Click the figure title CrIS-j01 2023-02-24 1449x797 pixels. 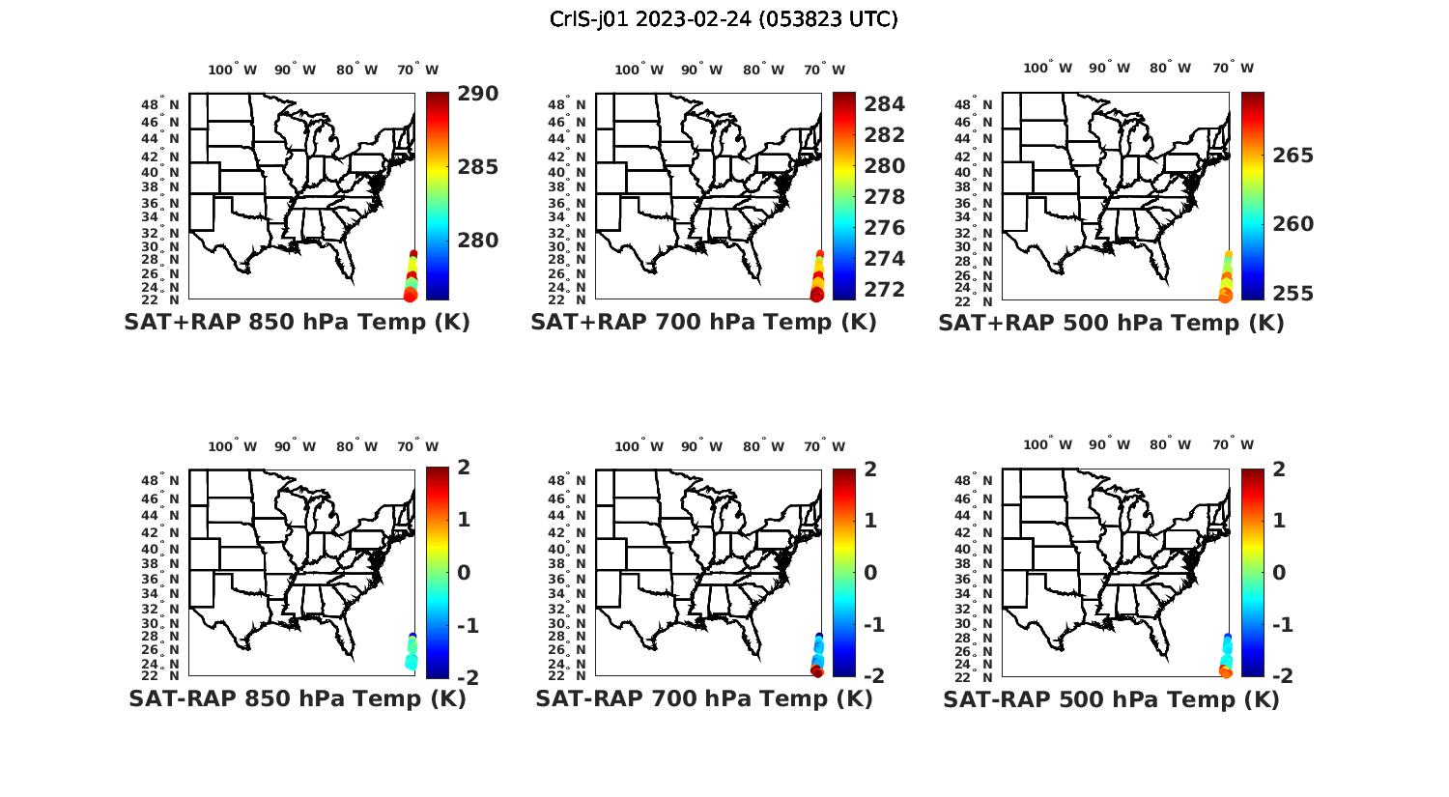(x=724, y=19)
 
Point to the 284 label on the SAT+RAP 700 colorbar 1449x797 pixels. (x=884, y=104)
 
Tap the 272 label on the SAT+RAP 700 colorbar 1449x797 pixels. (x=884, y=290)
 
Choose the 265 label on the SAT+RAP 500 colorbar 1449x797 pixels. (x=1292, y=156)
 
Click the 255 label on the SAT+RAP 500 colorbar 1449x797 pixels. (x=1292, y=294)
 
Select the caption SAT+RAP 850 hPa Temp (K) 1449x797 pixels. (x=297, y=323)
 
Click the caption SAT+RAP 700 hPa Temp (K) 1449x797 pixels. (x=703, y=323)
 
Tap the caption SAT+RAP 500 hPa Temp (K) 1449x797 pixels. (x=1111, y=324)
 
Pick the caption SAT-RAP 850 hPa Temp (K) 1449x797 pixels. (x=297, y=699)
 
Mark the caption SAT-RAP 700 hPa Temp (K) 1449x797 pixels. (x=703, y=699)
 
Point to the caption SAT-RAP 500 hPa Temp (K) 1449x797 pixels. (x=1111, y=700)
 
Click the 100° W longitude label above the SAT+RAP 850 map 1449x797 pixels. (x=232, y=70)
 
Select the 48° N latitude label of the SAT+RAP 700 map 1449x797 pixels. (x=566, y=104)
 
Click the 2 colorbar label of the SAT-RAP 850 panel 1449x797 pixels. (x=464, y=469)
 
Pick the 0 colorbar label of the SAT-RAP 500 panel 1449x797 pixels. (x=1279, y=573)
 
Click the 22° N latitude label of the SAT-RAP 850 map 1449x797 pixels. (x=160, y=676)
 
